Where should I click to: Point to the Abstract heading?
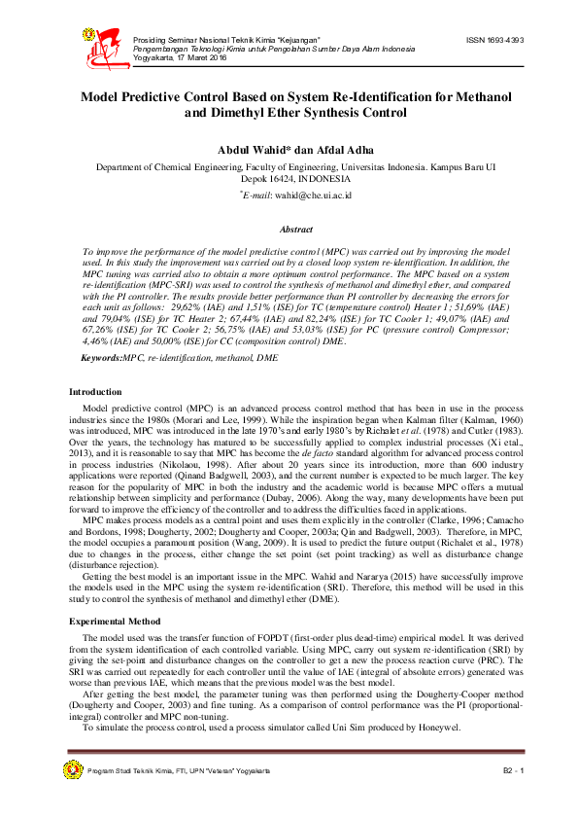(296, 230)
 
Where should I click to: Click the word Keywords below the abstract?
(74, 333)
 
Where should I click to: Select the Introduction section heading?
(95, 392)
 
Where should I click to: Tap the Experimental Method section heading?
(113, 591)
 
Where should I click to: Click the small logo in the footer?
(72, 770)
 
